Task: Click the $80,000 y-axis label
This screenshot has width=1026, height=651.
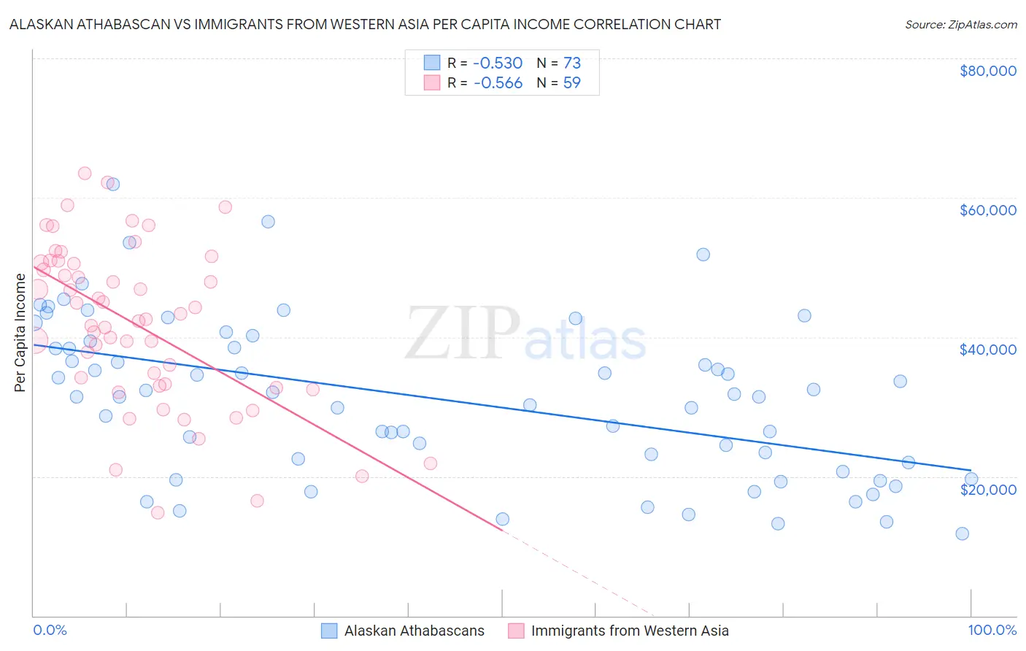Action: (987, 71)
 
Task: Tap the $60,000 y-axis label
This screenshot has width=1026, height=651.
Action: (987, 210)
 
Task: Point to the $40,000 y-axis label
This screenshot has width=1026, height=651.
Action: (987, 350)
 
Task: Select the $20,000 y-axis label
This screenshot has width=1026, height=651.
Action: (987, 489)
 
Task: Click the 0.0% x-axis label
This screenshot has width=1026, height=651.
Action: (50, 630)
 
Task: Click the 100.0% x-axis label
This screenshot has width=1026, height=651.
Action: (992, 630)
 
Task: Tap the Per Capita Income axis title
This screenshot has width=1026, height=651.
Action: (20, 333)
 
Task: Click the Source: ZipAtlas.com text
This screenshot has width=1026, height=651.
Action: (960, 25)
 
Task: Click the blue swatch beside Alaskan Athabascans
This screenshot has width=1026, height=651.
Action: (329, 631)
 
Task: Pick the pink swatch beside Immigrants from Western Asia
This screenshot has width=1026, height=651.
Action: (516, 631)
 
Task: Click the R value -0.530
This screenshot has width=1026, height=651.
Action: (498, 63)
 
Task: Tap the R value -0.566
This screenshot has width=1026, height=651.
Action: (498, 83)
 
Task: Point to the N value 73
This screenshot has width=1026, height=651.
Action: (571, 63)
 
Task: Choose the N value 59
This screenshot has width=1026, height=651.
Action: (571, 83)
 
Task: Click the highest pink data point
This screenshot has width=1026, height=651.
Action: (85, 174)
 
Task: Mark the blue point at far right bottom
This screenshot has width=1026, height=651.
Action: (962, 533)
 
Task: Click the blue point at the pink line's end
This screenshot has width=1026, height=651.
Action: (502, 519)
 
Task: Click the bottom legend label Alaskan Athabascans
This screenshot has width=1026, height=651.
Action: (414, 631)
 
